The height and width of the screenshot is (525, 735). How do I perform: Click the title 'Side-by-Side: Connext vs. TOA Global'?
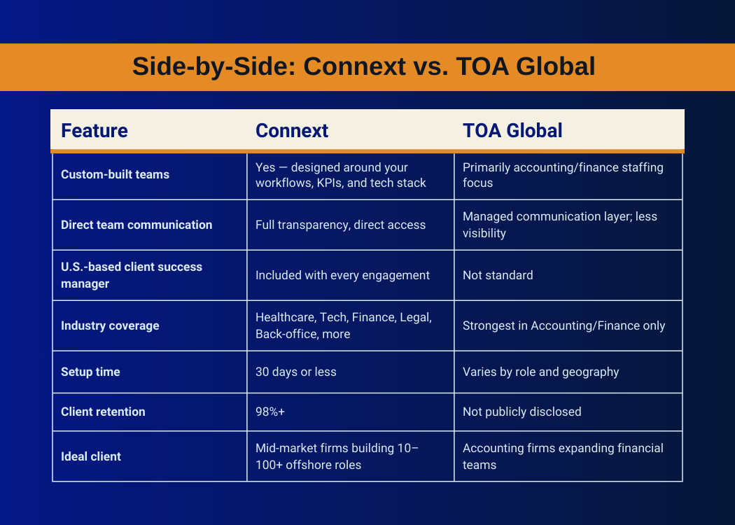pos(364,66)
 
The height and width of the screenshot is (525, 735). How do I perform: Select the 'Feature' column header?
pos(94,131)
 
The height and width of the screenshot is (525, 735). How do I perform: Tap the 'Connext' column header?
pos(292,131)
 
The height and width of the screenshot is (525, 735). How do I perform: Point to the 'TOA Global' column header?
pos(512,131)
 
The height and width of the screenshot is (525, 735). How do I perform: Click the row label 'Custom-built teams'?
pos(115,174)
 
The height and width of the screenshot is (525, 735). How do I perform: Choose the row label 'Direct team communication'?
pos(136,225)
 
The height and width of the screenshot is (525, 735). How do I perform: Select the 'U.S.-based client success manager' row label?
pos(132,275)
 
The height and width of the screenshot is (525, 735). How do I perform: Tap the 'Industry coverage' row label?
pos(110,325)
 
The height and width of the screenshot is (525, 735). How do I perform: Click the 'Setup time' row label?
pos(90,372)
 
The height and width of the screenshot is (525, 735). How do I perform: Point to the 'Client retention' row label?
pos(103,412)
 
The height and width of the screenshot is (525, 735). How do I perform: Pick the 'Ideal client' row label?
pos(91,456)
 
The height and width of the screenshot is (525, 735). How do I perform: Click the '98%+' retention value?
pos(270,412)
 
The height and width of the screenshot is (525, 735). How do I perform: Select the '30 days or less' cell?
pos(296,372)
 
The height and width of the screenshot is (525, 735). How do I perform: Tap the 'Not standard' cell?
pos(498,275)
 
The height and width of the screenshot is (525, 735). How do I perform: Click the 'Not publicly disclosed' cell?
pos(521,412)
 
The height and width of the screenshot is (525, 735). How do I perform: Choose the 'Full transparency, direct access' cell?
pos(340,225)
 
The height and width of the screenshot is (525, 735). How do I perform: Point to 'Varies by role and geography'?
pos(540,372)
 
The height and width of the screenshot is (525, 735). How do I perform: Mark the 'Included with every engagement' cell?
pos(342,275)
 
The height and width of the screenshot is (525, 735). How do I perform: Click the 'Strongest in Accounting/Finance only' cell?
pos(563,325)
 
